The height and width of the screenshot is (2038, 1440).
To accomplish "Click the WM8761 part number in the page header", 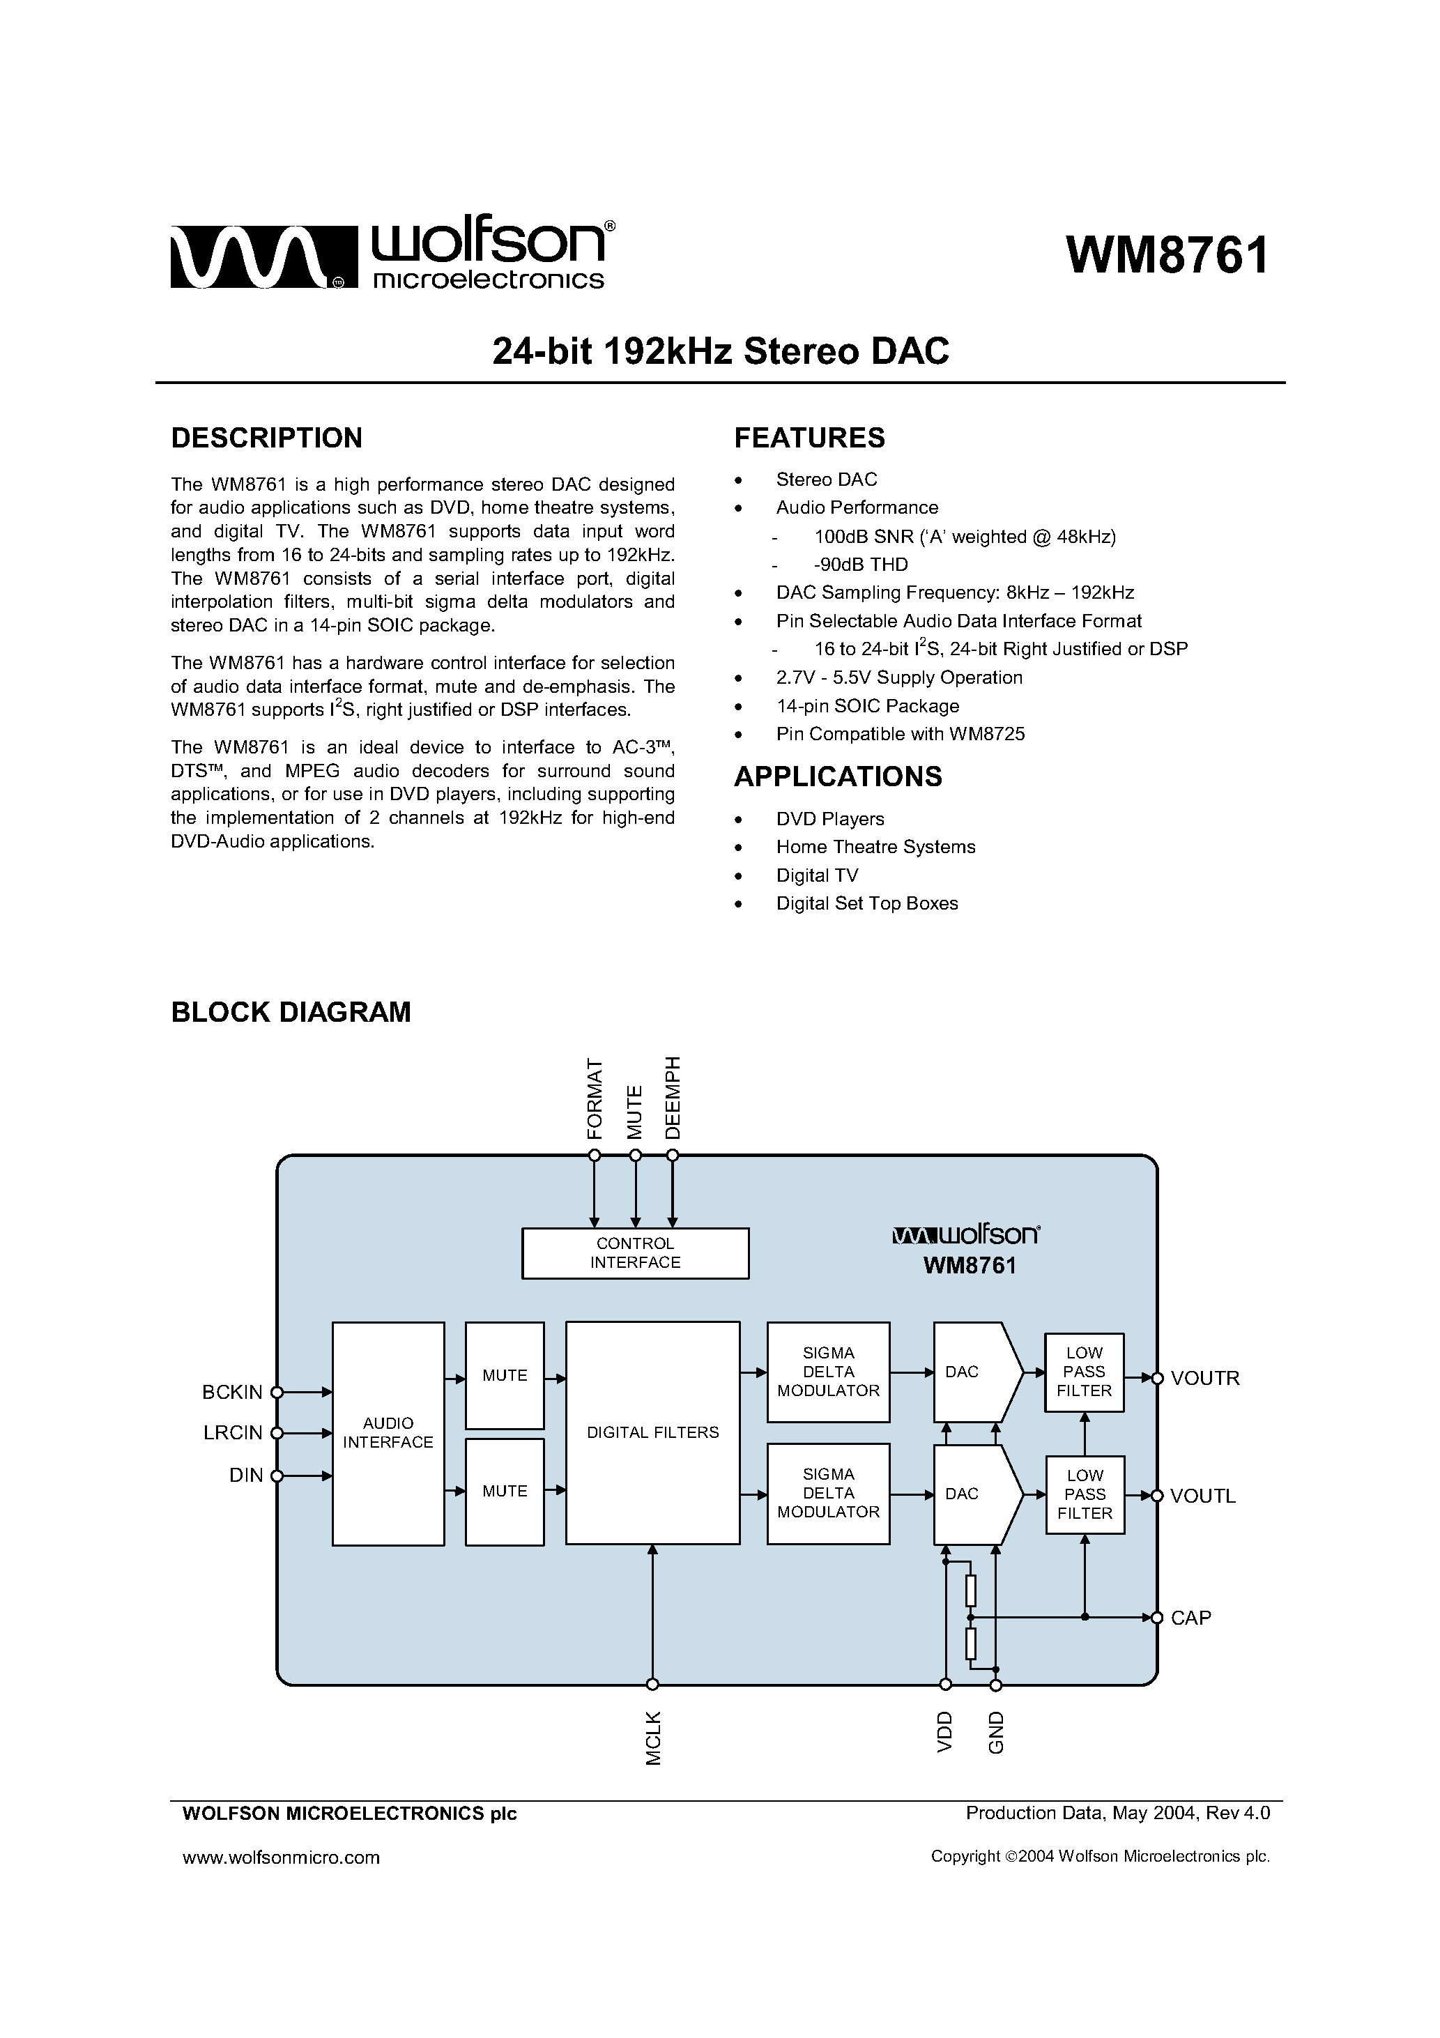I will pos(1167,256).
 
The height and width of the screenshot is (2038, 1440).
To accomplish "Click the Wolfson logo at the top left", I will pos(390,256).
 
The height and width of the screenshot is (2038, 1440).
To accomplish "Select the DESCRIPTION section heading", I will pos(266,438).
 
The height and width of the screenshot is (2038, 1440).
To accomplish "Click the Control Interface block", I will pos(635,1253).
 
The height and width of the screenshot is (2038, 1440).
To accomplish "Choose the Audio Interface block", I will pos(388,1434).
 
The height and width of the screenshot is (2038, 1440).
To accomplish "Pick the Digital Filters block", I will pos(652,1432).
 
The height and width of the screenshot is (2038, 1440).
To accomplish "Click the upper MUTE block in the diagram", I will pos(504,1375).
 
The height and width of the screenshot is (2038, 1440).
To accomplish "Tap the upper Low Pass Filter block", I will pos(1084,1372).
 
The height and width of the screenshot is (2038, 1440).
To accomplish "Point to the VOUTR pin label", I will pos(1204,1379).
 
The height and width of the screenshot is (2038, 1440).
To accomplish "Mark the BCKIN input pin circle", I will pos(277,1392).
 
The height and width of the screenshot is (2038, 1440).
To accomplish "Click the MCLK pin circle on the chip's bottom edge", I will pos(652,1684).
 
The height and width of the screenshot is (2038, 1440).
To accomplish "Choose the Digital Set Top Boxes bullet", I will pos(866,903).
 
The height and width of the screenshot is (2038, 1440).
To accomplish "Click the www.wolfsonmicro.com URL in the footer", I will pos(281,1857).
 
